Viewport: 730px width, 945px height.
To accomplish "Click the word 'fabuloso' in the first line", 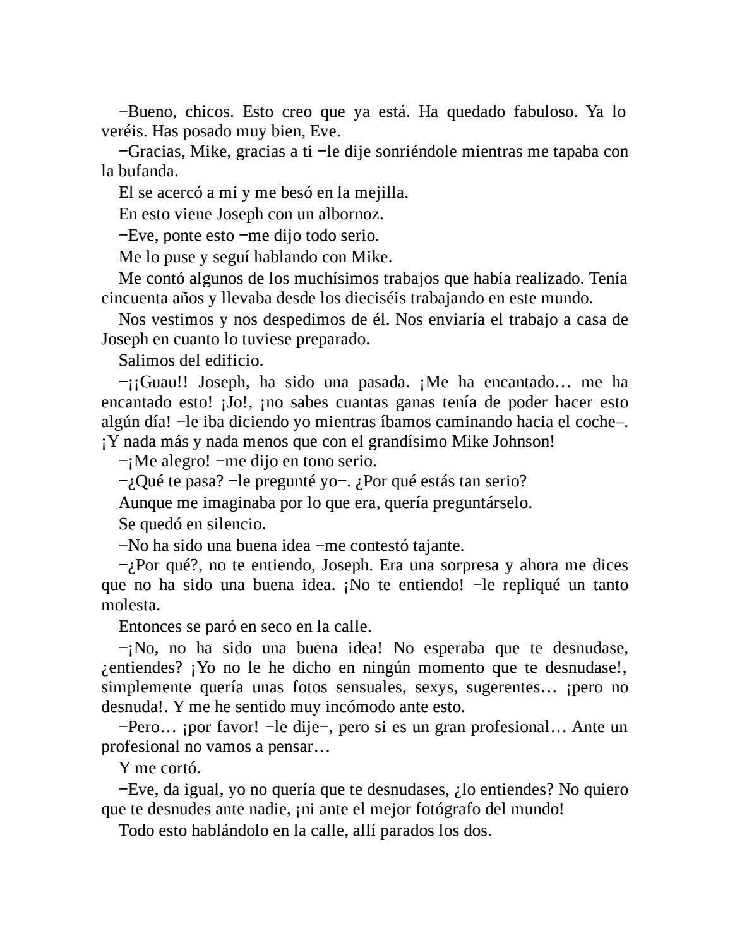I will pyautogui.click(x=541, y=112).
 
